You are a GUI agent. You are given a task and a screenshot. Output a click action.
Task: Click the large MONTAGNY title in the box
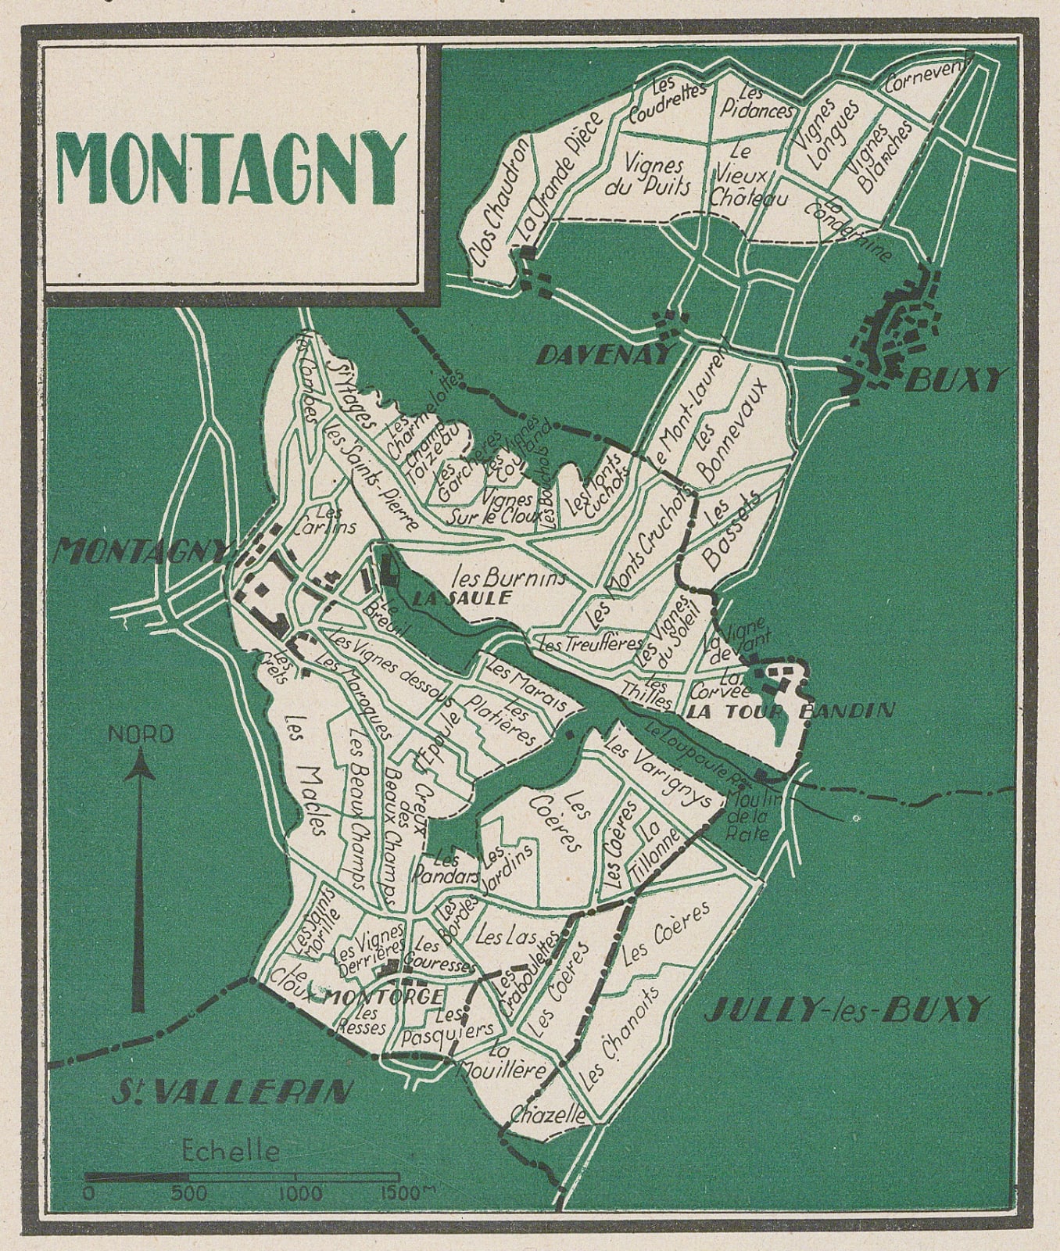tap(232, 170)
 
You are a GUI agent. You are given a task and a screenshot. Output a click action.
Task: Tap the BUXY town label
tap(955, 381)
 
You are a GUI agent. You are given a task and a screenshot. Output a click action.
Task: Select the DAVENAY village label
tap(604, 356)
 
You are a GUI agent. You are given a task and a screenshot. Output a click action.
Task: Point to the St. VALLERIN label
tap(231, 1091)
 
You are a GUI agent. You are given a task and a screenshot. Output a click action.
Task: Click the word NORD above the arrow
tap(141, 734)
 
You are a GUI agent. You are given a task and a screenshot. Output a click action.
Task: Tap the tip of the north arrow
tap(141, 752)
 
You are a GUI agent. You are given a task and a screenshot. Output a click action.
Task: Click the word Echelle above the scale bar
tap(230, 1151)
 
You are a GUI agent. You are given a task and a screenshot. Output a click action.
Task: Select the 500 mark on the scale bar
tap(188, 1194)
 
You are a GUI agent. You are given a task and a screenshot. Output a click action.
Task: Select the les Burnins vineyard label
tap(509, 579)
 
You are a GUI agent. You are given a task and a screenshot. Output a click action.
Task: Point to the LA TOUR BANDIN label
tap(790, 711)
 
